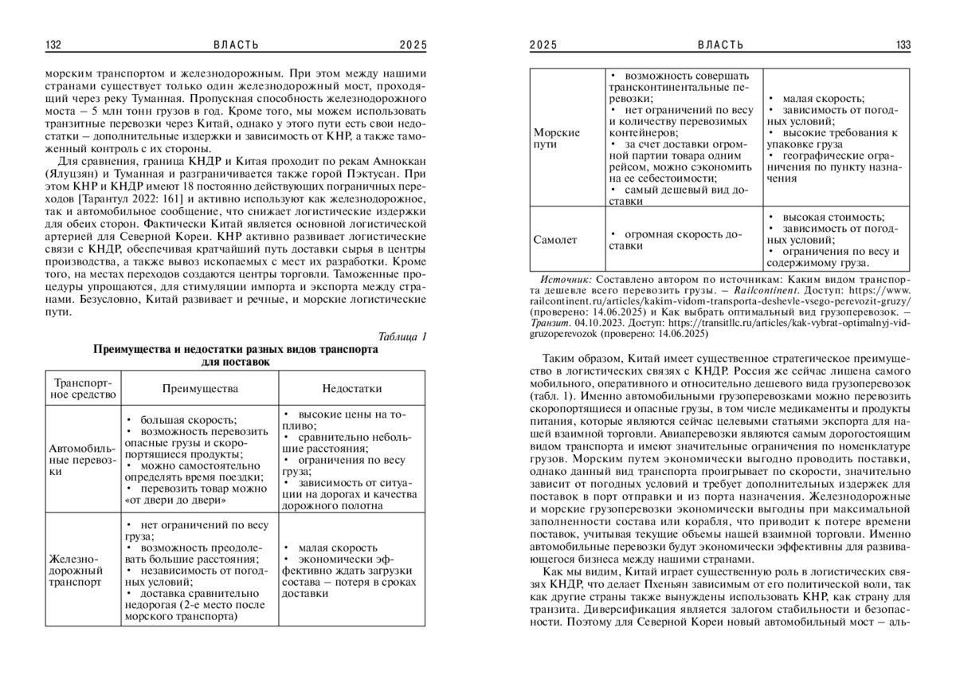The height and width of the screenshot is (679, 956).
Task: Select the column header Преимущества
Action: pyautogui.click(x=200, y=389)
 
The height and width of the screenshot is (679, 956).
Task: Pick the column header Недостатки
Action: pyautogui.click(x=351, y=389)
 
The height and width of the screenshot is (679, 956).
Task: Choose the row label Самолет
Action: pyautogui.click(x=555, y=239)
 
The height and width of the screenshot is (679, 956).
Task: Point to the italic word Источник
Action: pyautogui.click(x=565, y=281)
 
